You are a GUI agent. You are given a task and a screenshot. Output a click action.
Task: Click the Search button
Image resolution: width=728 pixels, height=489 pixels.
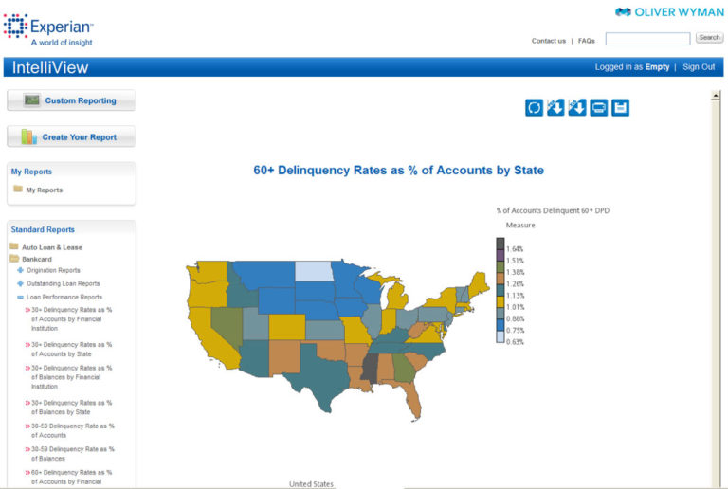709,38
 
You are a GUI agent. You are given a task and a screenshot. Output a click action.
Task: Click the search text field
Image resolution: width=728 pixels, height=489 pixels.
647,39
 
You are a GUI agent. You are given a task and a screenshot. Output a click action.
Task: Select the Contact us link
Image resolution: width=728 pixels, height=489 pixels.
549,41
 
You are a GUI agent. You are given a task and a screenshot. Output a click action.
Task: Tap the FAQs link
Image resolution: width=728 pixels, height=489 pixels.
587,41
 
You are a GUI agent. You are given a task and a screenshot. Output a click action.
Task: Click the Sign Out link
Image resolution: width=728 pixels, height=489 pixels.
699,67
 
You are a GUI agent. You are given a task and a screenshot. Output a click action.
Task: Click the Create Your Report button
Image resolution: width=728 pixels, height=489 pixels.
71,137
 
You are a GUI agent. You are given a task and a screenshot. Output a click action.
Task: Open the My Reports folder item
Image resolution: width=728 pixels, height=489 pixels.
44,190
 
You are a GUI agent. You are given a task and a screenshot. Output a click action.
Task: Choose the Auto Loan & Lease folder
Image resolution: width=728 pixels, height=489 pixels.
52,247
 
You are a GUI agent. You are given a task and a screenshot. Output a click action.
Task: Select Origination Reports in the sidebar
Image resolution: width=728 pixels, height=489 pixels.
53,270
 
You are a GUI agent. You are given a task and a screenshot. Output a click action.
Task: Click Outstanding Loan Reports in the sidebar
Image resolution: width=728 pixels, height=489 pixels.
63,283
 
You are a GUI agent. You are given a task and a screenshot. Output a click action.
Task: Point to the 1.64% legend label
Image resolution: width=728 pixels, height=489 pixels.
516,248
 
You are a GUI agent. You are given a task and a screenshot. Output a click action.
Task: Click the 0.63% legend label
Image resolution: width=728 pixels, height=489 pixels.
516,341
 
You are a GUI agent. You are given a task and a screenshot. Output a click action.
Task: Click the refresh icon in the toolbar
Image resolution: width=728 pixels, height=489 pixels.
535,108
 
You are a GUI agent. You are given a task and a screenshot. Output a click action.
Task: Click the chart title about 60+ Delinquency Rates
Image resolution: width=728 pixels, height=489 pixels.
398,171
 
